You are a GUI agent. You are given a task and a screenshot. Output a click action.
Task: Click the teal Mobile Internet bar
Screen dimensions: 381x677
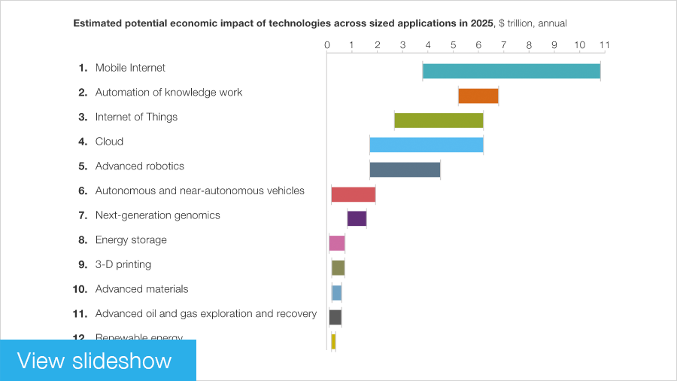tap(512, 71)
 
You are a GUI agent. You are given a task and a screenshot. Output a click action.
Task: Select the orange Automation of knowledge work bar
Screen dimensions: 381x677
tap(478, 96)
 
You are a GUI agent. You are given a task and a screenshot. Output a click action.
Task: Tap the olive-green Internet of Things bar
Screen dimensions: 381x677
tap(439, 120)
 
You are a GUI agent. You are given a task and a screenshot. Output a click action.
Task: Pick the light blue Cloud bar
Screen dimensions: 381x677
tap(426, 145)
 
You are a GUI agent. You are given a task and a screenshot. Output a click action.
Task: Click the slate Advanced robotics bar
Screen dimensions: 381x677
tap(405, 169)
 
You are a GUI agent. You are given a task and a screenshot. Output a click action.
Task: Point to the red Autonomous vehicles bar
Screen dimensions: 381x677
tap(353, 194)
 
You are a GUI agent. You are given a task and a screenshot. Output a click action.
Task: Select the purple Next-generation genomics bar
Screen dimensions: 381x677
tap(357, 218)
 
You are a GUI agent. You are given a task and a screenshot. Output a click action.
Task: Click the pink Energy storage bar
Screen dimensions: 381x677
tap(337, 243)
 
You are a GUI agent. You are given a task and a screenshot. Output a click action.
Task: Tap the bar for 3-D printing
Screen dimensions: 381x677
tap(338, 268)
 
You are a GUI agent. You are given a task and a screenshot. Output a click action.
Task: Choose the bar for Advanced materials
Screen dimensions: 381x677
tap(336, 293)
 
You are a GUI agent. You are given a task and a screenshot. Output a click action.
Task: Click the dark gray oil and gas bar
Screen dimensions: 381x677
tap(335, 317)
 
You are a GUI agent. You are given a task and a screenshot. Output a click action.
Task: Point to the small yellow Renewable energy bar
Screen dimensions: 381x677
tap(333, 342)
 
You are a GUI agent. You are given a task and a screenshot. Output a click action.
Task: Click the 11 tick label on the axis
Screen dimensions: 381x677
tap(603, 45)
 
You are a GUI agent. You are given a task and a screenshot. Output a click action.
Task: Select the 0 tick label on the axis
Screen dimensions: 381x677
tap(327, 45)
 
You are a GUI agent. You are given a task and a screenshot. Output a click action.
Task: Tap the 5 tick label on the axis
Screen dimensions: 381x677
tap(453, 45)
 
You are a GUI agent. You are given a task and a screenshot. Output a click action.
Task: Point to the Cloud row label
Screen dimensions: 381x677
tap(109, 142)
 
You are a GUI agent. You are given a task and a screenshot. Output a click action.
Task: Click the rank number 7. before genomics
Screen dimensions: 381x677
tap(83, 215)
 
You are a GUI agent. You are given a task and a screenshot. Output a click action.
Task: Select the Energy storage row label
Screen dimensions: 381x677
tap(131, 240)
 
